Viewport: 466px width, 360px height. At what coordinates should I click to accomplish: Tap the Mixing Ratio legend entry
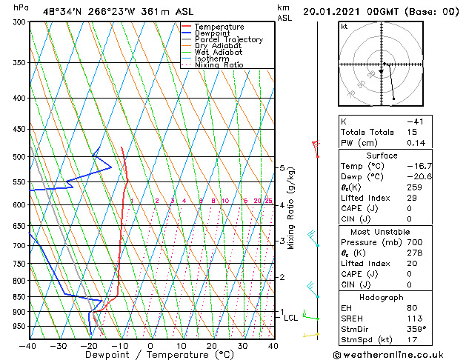coord(219,65)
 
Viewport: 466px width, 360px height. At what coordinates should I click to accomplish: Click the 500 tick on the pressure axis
coord(20,157)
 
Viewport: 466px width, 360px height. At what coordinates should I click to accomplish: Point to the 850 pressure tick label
coord(20,296)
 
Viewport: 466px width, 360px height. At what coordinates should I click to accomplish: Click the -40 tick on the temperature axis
coord(28,346)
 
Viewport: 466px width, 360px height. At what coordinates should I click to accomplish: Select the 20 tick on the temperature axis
coord(212,346)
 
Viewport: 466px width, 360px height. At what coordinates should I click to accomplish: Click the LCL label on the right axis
coord(290,318)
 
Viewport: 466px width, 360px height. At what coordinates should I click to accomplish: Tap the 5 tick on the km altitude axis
coord(282,168)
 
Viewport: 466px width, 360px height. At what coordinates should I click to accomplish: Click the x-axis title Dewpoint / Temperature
coord(150,355)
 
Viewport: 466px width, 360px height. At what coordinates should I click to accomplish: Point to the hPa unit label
coord(21,7)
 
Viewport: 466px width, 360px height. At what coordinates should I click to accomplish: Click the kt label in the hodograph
coord(344,26)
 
